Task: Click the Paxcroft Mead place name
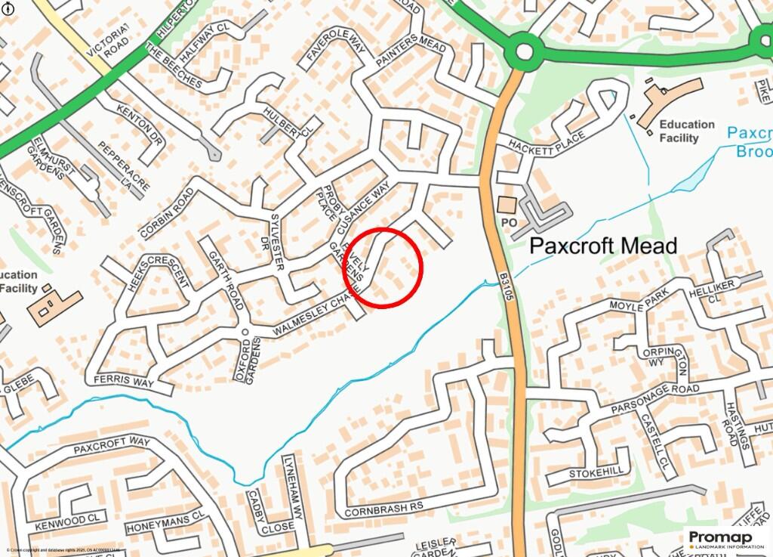[603, 246]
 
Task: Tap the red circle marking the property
[383, 267]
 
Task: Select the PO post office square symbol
[505, 205]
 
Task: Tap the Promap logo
[721, 538]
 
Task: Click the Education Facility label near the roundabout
[686, 131]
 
